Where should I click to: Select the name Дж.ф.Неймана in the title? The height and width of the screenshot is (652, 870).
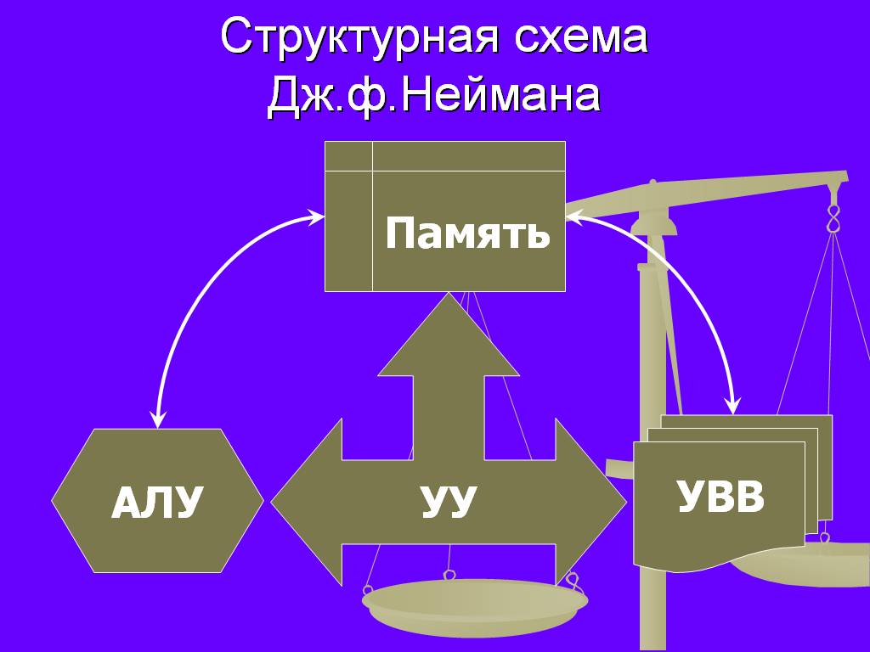point(434,96)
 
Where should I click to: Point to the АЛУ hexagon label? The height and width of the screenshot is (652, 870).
point(157,503)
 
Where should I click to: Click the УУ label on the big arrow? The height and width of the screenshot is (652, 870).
point(448,502)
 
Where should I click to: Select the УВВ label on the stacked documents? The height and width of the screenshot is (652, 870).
point(720,497)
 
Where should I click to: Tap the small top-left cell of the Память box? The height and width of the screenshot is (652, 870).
point(348,156)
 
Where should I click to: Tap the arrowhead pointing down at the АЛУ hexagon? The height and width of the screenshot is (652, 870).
point(157,420)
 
